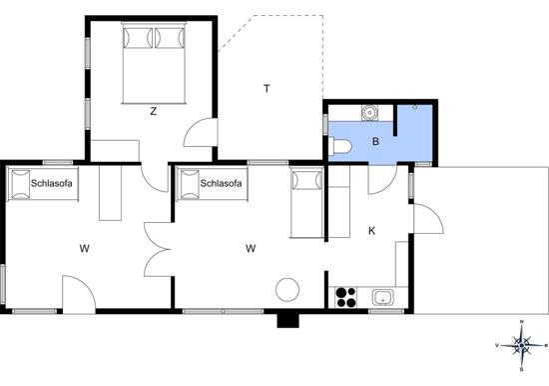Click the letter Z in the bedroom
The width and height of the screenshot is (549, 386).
[x=153, y=112]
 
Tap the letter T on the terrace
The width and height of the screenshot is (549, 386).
[x=268, y=88]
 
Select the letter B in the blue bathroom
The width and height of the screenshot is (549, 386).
[x=375, y=141]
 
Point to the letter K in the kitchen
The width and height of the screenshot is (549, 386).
[x=372, y=231]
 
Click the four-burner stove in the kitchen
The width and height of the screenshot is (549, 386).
[x=346, y=297]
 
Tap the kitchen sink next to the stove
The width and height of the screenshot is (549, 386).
[x=383, y=298]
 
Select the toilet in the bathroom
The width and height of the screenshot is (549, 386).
[x=339, y=146]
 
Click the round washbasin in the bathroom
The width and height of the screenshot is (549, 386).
[x=369, y=113]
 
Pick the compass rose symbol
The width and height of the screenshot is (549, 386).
[x=522, y=346]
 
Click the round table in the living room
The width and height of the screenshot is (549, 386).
[x=287, y=290]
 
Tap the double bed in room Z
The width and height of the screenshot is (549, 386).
[x=154, y=63]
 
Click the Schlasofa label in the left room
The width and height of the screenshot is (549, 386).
[x=52, y=183]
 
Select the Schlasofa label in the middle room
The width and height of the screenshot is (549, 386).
[x=221, y=183]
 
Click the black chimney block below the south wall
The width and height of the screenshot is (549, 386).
[x=287, y=320]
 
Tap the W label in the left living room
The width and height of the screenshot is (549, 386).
[x=84, y=248]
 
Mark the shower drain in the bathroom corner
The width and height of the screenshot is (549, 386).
[x=415, y=107]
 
